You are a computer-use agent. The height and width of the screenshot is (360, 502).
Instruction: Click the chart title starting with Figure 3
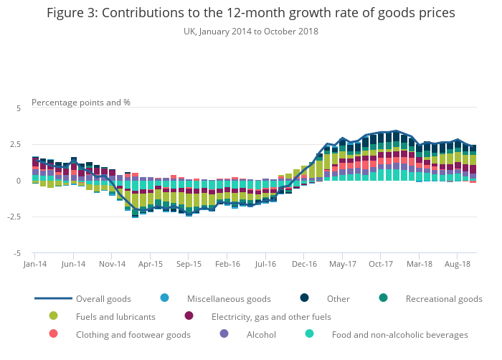(x=250, y=14)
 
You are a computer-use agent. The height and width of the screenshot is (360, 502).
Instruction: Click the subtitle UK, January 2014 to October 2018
(x=250, y=32)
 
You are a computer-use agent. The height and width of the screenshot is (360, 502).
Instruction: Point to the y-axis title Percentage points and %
(x=81, y=103)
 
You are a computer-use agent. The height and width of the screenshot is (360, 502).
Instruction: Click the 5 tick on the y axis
(x=19, y=108)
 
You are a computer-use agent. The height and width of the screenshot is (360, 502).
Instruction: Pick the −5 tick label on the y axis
(x=17, y=253)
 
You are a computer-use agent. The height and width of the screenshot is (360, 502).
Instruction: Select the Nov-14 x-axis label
(x=112, y=265)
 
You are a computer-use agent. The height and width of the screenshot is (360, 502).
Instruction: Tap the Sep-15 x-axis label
(x=189, y=265)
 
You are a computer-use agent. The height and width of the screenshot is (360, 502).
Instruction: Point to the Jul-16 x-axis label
(x=265, y=265)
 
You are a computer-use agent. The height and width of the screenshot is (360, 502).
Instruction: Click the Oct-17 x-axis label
(x=380, y=265)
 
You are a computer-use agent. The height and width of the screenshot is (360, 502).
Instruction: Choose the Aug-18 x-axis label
(x=457, y=265)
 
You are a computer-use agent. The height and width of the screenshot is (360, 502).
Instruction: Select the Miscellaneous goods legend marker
(x=165, y=298)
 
